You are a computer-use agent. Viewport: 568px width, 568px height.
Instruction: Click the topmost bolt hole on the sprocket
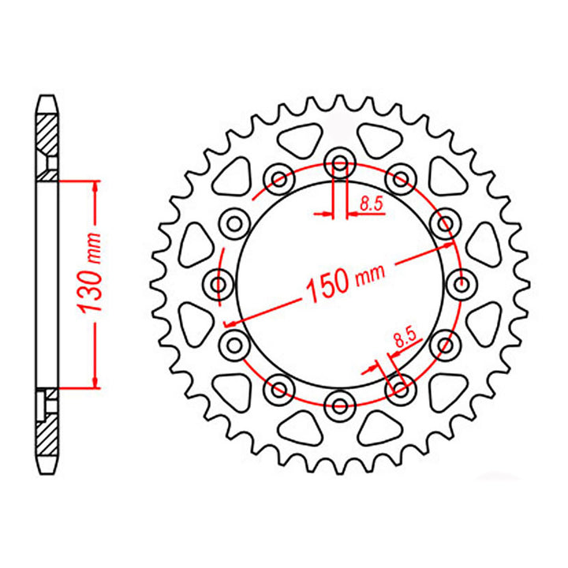tap(340, 163)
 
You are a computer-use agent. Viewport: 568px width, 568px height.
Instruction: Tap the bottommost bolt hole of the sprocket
tap(340, 405)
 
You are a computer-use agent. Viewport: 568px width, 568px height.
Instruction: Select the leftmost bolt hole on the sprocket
tap(219, 284)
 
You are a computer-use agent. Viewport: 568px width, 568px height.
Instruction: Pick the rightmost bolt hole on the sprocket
tap(461, 284)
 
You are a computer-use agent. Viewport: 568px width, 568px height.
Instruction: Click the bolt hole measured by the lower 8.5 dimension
tap(401, 388)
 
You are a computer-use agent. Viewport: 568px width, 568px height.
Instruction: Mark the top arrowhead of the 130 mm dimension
tap(96, 185)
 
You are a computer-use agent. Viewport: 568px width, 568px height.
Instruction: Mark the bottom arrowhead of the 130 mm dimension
tap(96, 382)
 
